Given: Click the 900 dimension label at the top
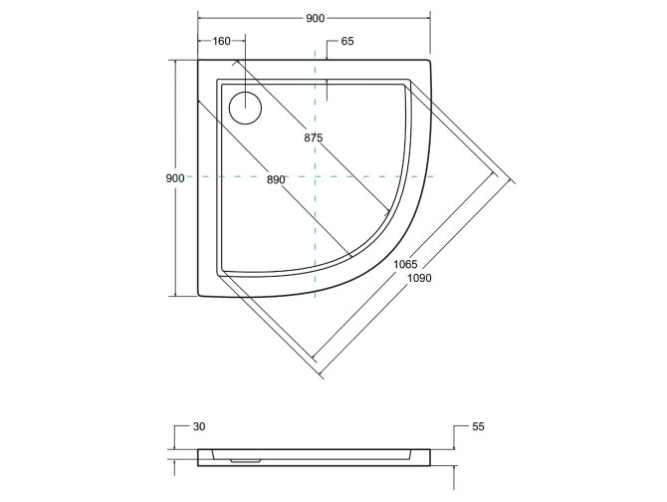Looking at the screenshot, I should click(314, 19).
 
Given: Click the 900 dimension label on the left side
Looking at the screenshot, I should click(174, 177).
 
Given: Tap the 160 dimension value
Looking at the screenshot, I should click(221, 42).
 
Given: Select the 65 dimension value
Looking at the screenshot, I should click(347, 42).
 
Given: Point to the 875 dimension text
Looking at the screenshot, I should click(314, 137).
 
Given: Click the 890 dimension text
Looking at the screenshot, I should click(276, 179).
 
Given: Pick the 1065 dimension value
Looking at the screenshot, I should click(404, 263).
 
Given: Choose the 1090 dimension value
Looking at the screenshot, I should click(419, 278).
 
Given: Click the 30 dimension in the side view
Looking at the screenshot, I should click(199, 427).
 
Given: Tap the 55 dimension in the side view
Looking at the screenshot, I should click(478, 427).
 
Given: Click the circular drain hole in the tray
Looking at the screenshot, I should click(243, 106).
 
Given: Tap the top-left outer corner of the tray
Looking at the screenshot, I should click(199, 60).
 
